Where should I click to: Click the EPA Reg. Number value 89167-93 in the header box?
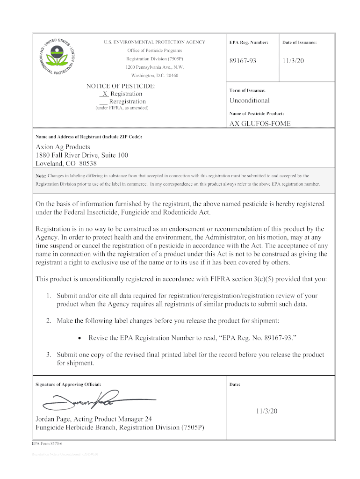tap(243, 61)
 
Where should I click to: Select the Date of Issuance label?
tap(299, 43)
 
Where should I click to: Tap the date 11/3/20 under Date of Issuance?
tap(293, 61)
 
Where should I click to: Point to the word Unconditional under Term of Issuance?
tap(249, 101)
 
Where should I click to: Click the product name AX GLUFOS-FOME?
tap(259, 123)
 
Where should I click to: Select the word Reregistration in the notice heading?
tap(127, 102)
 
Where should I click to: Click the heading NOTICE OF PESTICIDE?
tap(121, 87)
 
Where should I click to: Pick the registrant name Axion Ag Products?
tap(63, 147)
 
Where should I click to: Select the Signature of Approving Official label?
tap(68, 385)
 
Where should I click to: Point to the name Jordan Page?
tap(53, 419)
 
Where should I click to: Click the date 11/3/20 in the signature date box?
tap(266, 411)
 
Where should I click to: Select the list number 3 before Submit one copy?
tap(48, 355)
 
